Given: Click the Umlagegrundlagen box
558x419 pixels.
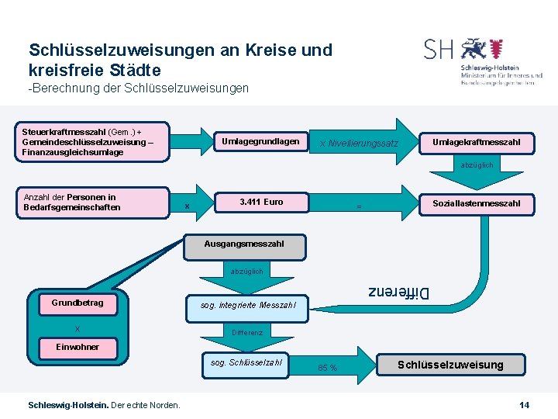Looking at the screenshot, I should click(260, 142).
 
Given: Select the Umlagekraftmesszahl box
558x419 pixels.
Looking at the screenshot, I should click(475, 142).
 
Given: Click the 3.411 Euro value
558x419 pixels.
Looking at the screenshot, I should click(261, 203).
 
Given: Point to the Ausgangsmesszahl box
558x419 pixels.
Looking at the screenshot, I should click(243, 244).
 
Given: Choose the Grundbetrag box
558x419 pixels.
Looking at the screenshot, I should click(77, 303).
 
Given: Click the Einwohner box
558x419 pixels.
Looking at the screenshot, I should click(77, 347).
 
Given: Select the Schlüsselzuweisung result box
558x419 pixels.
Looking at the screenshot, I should click(449, 365).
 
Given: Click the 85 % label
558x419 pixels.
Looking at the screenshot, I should click(327, 368).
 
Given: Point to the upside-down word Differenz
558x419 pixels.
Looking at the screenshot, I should click(397, 293).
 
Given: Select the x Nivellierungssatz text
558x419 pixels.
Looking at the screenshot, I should click(358, 144).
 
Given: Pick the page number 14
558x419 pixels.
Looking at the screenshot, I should click(524, 405).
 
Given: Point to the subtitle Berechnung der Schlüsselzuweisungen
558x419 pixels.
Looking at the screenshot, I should click(139, 88).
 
